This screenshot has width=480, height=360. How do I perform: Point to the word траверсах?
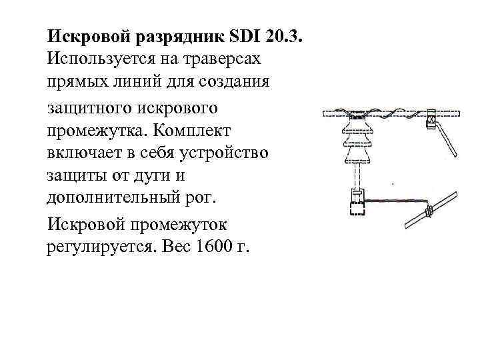click(228, 58)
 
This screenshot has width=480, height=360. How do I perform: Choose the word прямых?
click(78, 83)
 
